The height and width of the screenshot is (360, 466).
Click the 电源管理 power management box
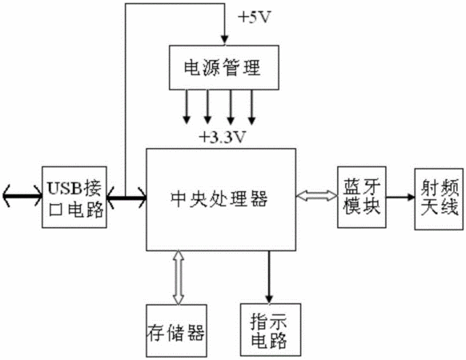click(x=223, y=67)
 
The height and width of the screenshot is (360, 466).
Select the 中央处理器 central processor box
click(x=221, y=199)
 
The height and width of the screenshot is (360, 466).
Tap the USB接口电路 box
click(x=74, y=198)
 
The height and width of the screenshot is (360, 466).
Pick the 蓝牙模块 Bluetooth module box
click(x=362, y=198)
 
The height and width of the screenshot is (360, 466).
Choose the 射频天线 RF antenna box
click(x=439, y=199)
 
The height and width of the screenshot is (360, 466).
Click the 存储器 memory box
click(x=176, y=330)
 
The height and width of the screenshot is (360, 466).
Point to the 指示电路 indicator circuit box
click(x=271, y=330)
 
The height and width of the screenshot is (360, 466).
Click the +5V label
click(x=255, y=18)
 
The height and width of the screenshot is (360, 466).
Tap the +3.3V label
click(x=223, y=137)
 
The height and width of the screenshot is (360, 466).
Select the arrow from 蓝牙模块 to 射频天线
click(x=400, y=197)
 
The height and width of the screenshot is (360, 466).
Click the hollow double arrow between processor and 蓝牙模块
click(x=317, y=196)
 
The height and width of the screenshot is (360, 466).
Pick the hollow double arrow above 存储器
click(x=179, y=278)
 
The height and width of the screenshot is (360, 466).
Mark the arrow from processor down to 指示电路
click(x=269, y=277)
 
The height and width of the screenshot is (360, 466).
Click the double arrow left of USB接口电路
click(x=22, y=196)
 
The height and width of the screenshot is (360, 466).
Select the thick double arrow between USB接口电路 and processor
click(x=127, y=197)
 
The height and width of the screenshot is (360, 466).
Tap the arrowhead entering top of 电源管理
click(x=225, y=40)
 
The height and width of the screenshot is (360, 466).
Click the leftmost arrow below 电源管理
click(x=187, y=106)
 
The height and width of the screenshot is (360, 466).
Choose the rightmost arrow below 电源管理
click(x=251, y=106)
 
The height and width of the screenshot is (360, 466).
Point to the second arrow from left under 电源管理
click(x=207, y=106)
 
